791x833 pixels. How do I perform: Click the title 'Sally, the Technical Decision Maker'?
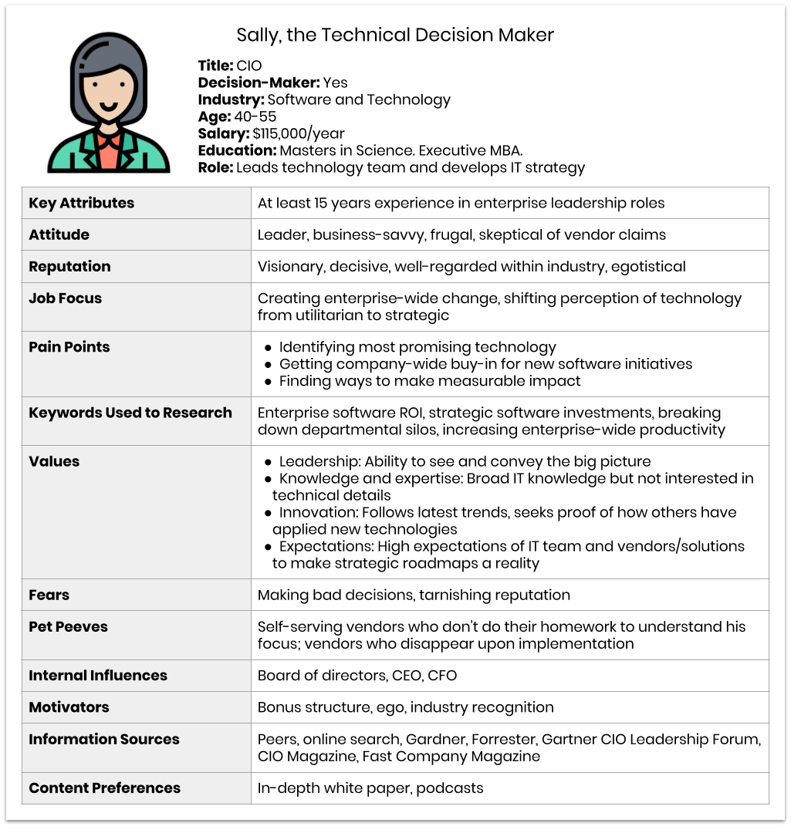point(395,35)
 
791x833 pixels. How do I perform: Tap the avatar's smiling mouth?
point(108,106)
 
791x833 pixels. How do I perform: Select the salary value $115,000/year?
point(298,133)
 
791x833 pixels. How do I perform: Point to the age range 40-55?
point(255,116)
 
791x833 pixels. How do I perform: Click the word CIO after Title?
point(248,66)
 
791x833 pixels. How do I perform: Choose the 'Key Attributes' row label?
point(81,203)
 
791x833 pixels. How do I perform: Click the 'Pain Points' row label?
point(69,346)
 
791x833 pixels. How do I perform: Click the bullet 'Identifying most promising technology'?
point(417,347)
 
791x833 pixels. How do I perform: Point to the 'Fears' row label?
point(49,595)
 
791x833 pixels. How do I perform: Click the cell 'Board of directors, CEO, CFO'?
point(357,676)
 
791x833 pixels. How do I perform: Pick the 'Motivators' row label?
point(69,707)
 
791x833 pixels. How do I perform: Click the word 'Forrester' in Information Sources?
point(502,739)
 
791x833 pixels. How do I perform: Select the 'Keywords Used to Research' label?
point(130,413)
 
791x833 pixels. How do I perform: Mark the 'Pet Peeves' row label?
point(68,626)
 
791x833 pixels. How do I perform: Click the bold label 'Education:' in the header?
point(237,150)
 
